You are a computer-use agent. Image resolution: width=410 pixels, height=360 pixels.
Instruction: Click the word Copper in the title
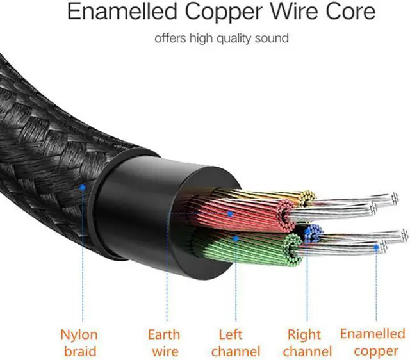224,13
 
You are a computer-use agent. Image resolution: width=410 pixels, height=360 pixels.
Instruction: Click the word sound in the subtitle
272,38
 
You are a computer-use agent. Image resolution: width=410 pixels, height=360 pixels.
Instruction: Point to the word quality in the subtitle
227,38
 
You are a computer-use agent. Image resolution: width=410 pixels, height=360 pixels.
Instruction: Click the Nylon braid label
79,343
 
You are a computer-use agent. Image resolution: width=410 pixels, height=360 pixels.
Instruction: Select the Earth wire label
163,343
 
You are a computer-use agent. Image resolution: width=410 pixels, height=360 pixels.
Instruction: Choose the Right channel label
304,343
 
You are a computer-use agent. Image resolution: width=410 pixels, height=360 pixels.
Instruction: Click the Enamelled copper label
372,341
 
